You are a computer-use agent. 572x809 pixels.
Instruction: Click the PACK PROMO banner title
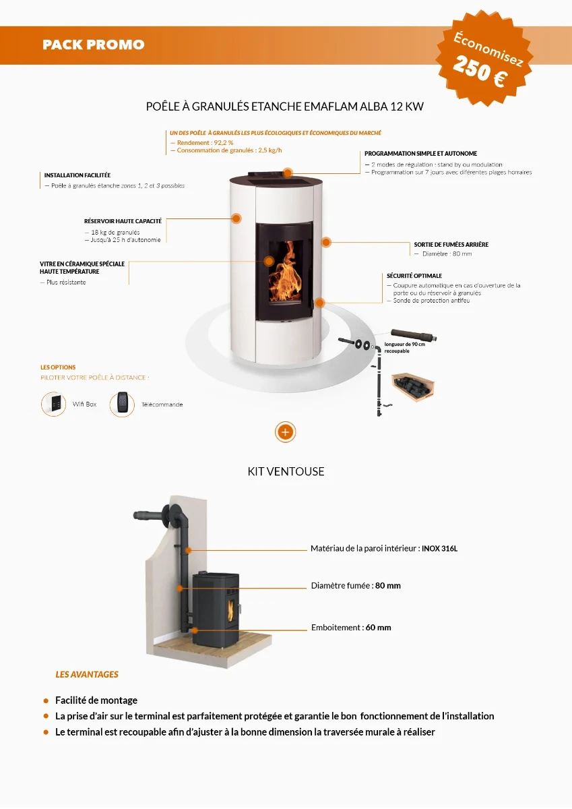coord(94,45)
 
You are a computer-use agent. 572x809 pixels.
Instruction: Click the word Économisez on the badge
coord(488,49)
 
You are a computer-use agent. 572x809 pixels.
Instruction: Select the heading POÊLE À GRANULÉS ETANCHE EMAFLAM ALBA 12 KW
coord(285,107)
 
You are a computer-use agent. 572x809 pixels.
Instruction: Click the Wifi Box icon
coord(53,404)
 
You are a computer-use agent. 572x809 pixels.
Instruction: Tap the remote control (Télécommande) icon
coord(122,404)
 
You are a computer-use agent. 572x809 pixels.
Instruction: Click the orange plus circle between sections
coord(286,431)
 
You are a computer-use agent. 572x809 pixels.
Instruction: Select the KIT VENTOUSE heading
coord(286,472)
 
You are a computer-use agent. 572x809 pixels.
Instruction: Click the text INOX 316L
coord(439,549)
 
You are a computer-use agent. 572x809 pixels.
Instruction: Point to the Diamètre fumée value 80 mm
coord(387,586)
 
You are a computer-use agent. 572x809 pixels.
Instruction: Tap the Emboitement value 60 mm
coord(378,628)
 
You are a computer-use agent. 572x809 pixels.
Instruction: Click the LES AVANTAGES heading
coord(87,674)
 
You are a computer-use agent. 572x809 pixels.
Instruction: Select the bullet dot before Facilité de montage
coord(46,700)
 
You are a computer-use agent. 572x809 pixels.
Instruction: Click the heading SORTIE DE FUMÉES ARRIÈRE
coord(451,245)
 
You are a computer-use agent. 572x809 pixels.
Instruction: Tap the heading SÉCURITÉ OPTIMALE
coord(414,276)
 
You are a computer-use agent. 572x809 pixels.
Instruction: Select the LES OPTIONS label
coord(58,367)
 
